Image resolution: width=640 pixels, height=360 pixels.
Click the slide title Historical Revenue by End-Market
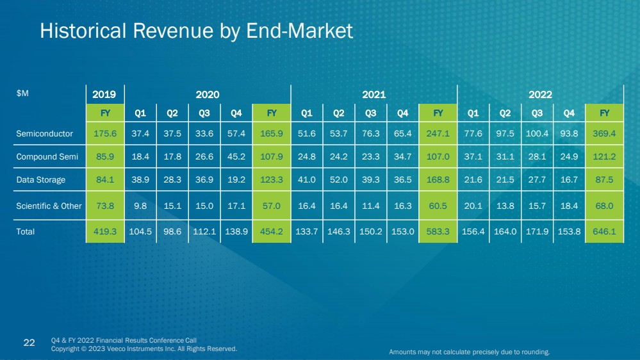point(196,31)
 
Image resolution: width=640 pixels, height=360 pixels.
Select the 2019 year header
point(104,94)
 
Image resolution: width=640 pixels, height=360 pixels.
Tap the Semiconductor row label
point(45,134)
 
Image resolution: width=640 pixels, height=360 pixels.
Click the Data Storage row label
point(41,180)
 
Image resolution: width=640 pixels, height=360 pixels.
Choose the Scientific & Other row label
point(49,206)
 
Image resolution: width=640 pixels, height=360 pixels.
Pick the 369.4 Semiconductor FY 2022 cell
point(604,134)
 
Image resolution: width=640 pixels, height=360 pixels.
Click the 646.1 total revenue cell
point(604,232)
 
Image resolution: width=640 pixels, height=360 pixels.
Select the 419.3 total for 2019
point(104,232)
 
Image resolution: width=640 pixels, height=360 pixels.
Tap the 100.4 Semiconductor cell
point(537,134)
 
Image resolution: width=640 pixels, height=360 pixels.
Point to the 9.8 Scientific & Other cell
point(140,206)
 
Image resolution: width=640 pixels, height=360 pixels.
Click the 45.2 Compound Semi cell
point(236,157)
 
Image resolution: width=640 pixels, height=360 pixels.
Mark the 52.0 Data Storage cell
point(339,180)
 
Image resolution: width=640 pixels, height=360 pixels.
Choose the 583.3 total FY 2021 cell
point(438,232)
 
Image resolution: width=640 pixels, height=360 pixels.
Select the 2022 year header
point(540,94)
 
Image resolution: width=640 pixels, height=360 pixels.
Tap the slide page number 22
point(29,343)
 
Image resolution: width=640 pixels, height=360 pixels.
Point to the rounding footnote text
point(470,352)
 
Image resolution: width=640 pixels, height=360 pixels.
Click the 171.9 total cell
point(537,232)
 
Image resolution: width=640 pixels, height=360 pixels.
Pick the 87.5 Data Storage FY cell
point(604,180)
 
